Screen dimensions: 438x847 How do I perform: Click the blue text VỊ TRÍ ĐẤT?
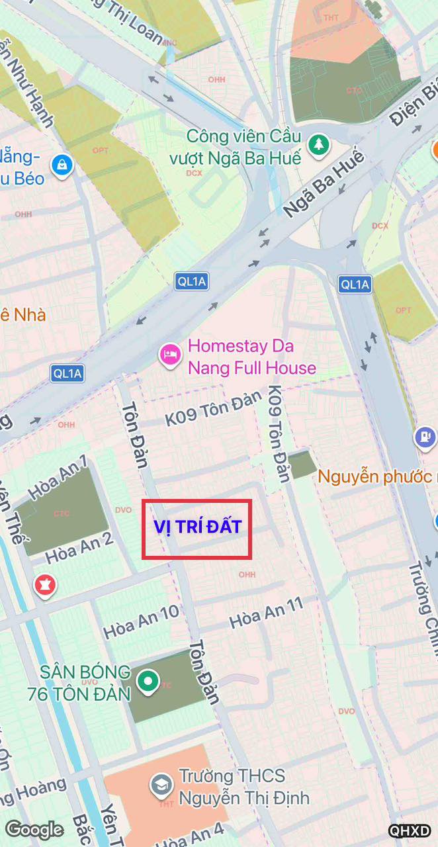197,527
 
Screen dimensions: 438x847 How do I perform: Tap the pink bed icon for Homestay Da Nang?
169,356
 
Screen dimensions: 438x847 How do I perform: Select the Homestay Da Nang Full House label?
251,357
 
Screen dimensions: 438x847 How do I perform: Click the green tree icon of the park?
319,144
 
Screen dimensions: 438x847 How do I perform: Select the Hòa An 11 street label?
266,613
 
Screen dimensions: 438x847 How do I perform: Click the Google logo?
34,830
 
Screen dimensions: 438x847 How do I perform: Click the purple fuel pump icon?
425,437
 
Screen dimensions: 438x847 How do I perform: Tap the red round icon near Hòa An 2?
45,585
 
